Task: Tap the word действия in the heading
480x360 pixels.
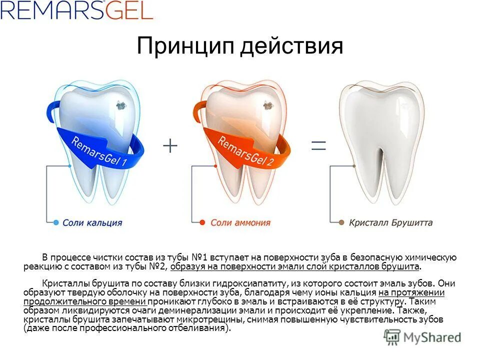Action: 292,46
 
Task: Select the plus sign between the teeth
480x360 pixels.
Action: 170,145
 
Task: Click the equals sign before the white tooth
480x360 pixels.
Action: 318,145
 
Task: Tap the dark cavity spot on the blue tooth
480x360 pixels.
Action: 120,105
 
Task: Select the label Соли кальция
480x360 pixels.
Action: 92,223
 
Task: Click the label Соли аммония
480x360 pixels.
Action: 240,223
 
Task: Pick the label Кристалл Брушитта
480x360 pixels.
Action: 390,223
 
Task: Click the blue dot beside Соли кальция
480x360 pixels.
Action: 56,222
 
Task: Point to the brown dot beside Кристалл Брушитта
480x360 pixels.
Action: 341,222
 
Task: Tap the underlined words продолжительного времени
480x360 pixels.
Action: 84,302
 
